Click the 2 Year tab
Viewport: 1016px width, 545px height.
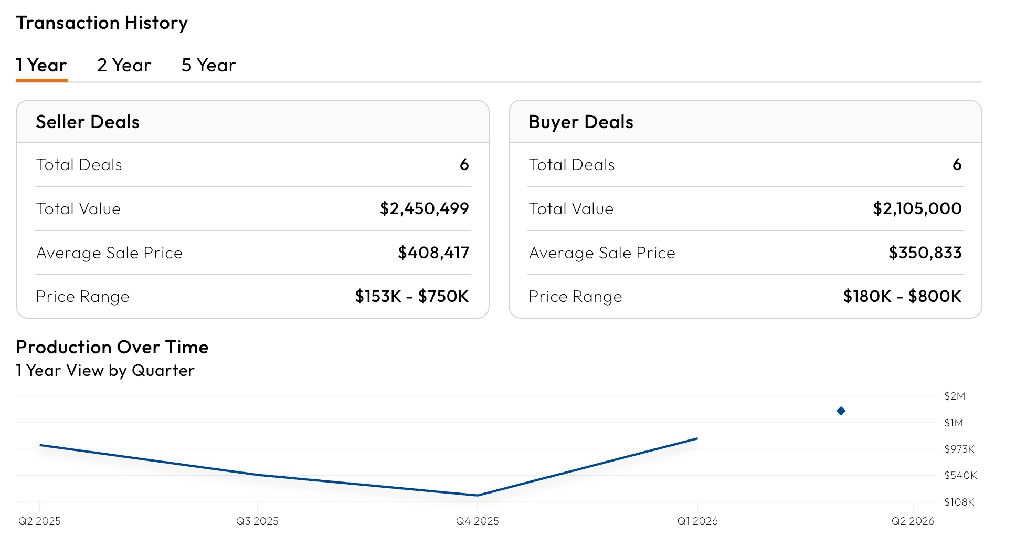point(124,65)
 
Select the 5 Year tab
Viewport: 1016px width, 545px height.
point(208,65)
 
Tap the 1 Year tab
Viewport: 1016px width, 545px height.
point(41,65)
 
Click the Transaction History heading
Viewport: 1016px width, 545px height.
point(102,23)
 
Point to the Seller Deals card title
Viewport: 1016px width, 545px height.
point(88,122)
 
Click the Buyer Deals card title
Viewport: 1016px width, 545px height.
point(581,122)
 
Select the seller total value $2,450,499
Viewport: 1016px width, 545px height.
point(424,209)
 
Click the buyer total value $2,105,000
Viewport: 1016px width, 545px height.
point(917,209)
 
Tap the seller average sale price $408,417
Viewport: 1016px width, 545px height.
point(433,253)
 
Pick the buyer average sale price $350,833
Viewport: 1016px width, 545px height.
point(925,253)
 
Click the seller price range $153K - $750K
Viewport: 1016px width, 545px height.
point(411,297)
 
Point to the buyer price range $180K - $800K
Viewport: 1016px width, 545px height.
point(902,297)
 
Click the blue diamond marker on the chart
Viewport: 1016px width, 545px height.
point(841,411)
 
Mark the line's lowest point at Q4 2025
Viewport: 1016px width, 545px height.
point(477,495)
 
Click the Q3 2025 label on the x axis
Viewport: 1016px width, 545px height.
point(257,521)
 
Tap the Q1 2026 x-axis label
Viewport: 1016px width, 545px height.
point(697,521)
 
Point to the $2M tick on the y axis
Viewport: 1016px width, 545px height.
point(955,396)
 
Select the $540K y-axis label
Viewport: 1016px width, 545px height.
point(960,475)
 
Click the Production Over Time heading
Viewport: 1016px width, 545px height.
point(112,347)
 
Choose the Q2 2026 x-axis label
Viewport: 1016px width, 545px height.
point(913,521)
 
